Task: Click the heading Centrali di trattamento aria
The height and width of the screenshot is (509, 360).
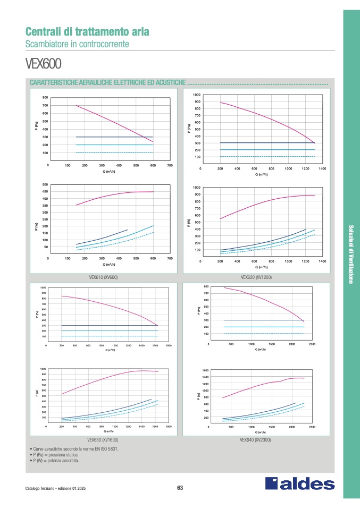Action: coord(87,32)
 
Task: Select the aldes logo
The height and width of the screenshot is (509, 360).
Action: coord(300,483)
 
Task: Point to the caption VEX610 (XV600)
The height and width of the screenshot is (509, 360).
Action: coord(103,277)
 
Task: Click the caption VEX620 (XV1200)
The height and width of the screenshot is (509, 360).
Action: coord(256,277)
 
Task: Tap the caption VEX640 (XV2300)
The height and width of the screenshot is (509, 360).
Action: coord(256,440)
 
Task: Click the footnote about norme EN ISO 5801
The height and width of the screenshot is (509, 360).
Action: coord(76,449)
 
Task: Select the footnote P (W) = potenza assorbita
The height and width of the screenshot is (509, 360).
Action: coord(56,461)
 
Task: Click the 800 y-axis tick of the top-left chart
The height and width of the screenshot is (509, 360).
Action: coord(45,98)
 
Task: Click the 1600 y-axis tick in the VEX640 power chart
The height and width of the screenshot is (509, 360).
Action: coord(205,370)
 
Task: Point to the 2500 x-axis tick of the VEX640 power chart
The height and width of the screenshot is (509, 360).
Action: coord(312,427)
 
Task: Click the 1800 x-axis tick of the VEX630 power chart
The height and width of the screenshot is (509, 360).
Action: coord(169,427)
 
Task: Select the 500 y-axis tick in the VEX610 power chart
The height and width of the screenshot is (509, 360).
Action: coord(45,185)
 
